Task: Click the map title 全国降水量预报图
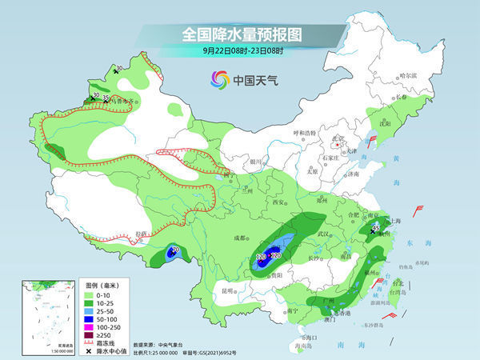click(x=241, y=35)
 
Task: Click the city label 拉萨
click(x=142, y=233)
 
